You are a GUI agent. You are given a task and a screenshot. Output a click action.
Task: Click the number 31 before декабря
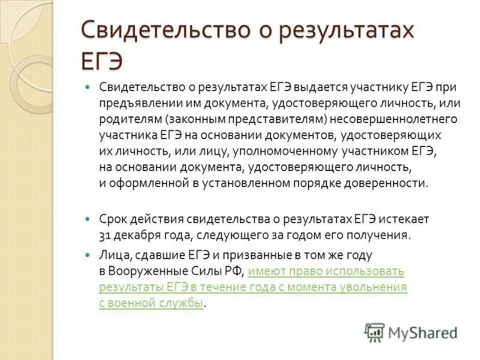[x=105, y=235]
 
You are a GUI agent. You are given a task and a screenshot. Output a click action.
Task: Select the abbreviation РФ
[x=235, y=271]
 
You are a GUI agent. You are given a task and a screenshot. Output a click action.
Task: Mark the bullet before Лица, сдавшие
[x=88, y=255]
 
